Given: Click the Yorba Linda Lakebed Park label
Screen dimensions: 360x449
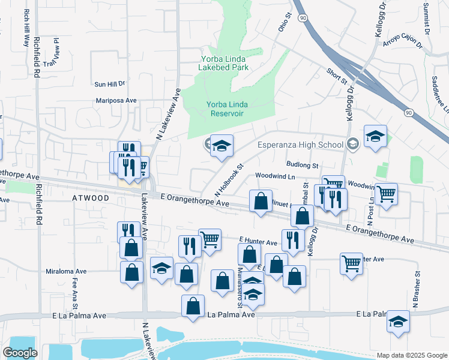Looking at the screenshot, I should [224, 63].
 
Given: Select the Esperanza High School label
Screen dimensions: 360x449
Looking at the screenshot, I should [300, 145].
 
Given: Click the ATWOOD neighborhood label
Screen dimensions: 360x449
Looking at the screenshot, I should [91, 198].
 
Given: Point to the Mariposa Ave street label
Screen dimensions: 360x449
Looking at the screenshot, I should [116, 101].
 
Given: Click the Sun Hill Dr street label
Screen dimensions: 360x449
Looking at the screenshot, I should [109, 84].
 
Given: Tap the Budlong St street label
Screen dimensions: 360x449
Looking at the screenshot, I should [302, 164].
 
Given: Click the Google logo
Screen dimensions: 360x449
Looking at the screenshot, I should [20, 353].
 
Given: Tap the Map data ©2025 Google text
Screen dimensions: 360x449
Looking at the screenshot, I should [411, 355].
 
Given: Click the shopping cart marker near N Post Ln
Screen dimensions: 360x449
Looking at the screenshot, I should [387, 194].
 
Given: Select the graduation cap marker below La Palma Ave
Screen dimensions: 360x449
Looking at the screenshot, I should [398, 322].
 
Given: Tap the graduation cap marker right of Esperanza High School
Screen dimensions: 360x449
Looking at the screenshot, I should [375, 137].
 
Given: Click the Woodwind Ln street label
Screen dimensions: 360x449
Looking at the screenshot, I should [276, 176].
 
